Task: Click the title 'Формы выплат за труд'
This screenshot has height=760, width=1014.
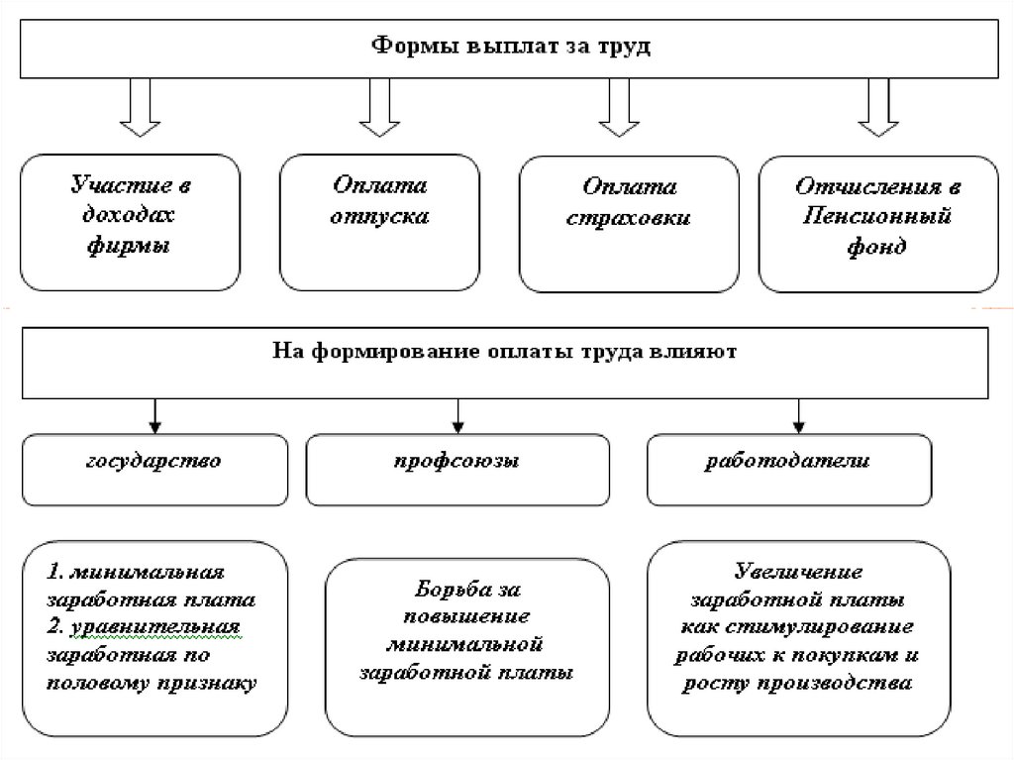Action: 511,46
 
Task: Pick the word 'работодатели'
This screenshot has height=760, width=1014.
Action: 788,461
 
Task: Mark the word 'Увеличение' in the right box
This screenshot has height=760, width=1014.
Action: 798,572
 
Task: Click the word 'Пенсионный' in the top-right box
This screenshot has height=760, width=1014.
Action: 878,216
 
